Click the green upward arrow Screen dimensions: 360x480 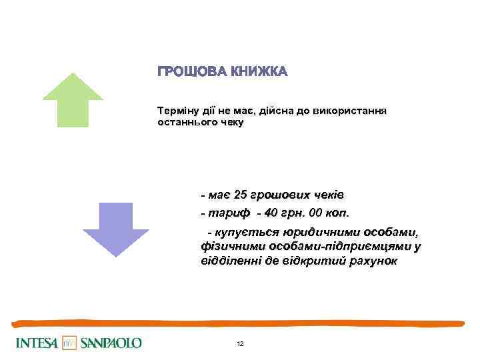[x=73, y=100]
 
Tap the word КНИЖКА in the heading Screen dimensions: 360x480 [x=259, y=72]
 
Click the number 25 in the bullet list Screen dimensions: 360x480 [x=240, y=195]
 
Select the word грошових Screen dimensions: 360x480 [x=281, y=195]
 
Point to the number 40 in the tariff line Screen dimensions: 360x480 [x=271, y=213]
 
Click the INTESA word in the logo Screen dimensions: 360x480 [x=37, y=343]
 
